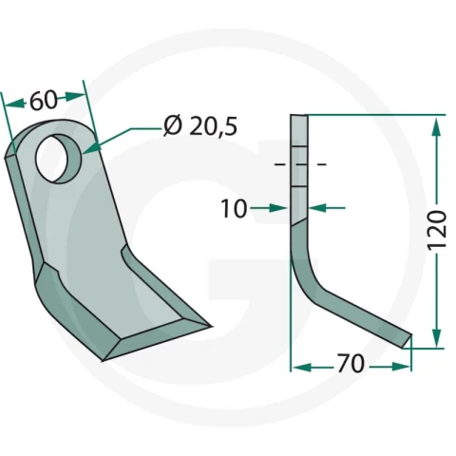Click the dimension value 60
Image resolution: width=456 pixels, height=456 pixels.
coord(44,101)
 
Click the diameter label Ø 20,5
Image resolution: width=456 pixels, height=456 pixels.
coord(200,126)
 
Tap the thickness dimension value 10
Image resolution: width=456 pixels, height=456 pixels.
coord(234,209)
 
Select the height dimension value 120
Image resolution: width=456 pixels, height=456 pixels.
coord(437,230)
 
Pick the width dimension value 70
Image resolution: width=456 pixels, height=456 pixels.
coord(351,364)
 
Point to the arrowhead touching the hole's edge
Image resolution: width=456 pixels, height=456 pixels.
coord(91,149)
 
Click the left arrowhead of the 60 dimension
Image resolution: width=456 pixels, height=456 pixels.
coord(15,104)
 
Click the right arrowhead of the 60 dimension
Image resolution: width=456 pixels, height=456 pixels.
coord(75,96)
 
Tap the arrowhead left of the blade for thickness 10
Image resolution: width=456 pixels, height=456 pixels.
coord(278,208)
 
